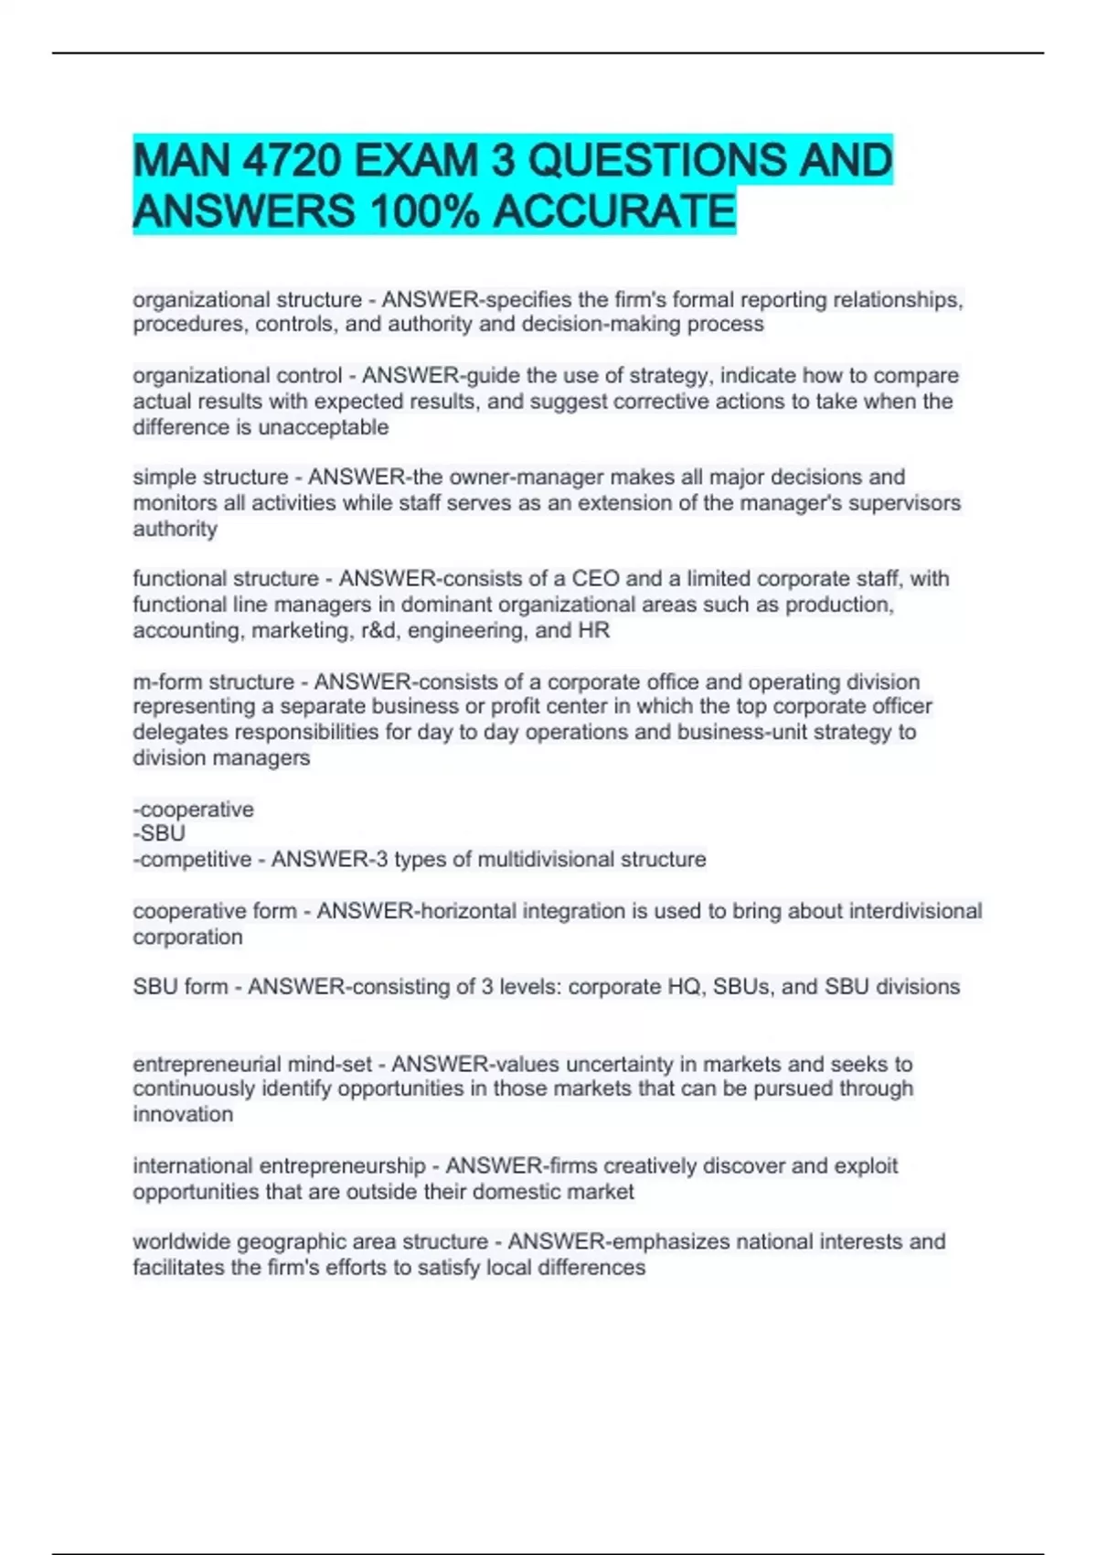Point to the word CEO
click(x=596, y=579)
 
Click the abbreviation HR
click(x=594, y=630)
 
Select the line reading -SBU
click(x=159, y=833)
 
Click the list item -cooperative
click(x=194, y=809)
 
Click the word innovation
click(x=183, y=1114)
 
